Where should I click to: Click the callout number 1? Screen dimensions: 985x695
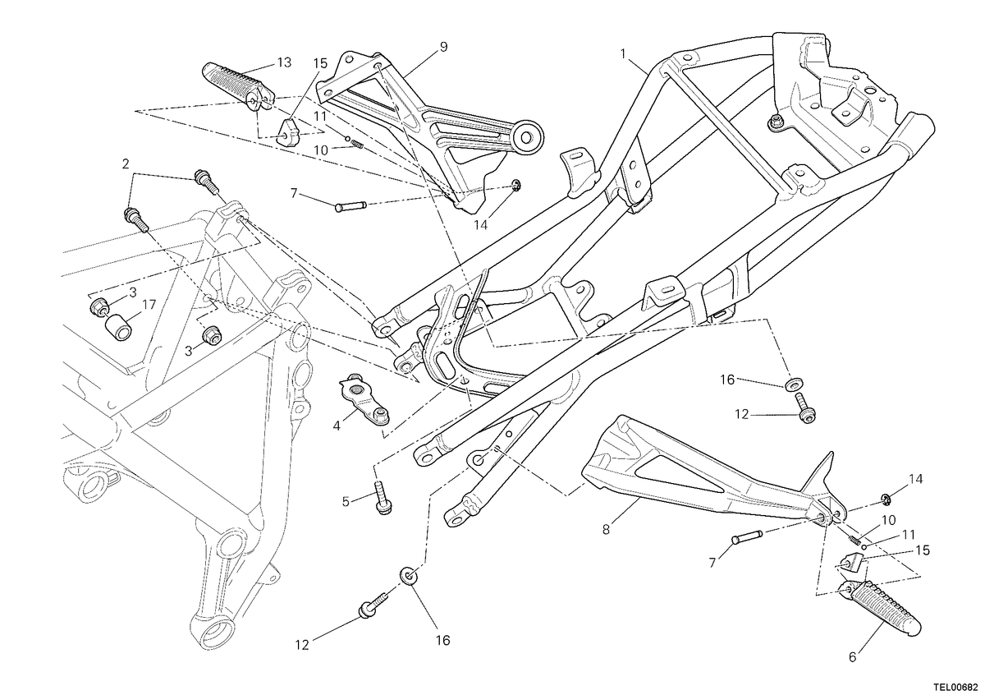[623, 53]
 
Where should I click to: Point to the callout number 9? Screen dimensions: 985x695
[443, 47]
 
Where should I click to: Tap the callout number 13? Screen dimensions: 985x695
[285, 63]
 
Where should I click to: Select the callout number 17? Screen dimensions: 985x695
[149, 305]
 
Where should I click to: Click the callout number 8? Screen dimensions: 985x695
[606, 530]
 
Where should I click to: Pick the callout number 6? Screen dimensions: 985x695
[853, 657]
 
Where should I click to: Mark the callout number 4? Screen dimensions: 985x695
[337, 426]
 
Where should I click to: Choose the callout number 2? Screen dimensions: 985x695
[126, 164]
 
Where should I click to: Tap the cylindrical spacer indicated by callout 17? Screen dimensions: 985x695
[118, 327]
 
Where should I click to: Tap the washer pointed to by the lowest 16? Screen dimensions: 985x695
[409, 577]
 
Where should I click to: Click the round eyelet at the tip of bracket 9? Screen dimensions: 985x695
[528, 137]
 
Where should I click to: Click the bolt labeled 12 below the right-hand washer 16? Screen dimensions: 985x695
[804, 409]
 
